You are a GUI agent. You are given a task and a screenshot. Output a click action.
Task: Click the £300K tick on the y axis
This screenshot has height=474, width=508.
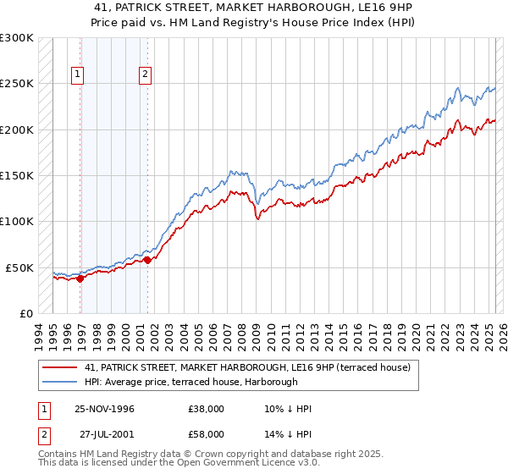[16, 38]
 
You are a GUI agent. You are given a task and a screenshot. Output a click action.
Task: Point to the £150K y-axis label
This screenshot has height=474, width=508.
[16, 175]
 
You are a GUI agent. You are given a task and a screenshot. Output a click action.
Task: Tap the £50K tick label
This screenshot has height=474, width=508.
[19, 267]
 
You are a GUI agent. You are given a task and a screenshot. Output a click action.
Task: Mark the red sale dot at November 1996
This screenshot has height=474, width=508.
[80, 278]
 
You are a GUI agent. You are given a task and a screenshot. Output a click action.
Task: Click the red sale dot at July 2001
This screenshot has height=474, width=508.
[147, 260]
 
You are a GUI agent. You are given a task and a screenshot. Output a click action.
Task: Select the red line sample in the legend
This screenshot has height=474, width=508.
[60, 367]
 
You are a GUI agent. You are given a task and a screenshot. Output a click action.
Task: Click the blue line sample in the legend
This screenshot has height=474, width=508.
[60, 382]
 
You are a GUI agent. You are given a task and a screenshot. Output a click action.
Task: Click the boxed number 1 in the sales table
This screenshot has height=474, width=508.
[45, 409]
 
